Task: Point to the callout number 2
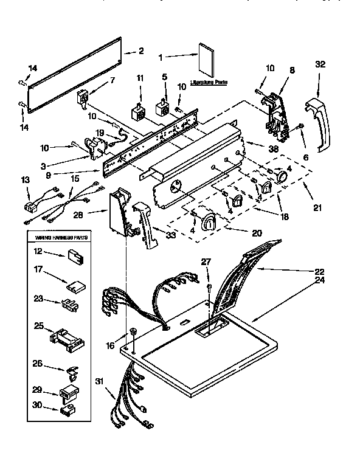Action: [140, 51]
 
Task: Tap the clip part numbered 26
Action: [71, 368]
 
